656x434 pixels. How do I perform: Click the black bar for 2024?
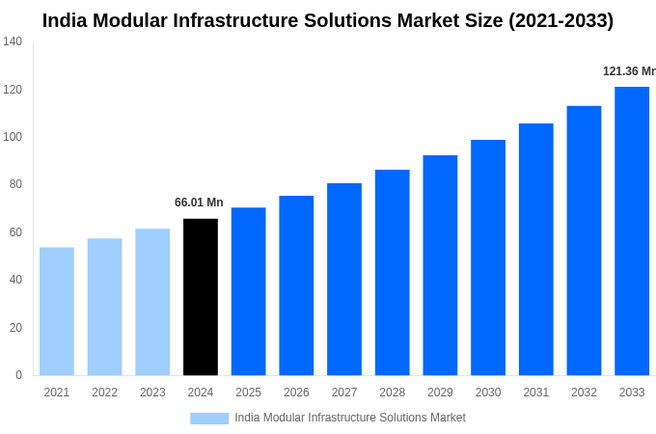[x=201, y=297]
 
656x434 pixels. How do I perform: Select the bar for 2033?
[x=632, y=231]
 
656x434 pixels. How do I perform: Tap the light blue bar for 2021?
[x=57, y=312]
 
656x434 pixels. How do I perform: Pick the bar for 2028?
[x=393, y=273]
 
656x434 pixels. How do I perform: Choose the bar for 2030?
[x=488, y=258]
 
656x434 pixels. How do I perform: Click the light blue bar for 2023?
[x=152, y=302]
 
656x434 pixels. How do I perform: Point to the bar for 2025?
[x=248, y=291]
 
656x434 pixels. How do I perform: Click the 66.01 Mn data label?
[x=199, y=203]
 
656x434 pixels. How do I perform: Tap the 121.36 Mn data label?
[x=629, y=71]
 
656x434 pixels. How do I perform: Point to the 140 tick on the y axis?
[x=13, y=41]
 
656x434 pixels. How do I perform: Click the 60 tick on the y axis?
[x=15, y=232]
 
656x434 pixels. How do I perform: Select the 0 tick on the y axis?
[x=18, y=375]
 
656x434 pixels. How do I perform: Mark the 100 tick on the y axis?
[x=13, y=137]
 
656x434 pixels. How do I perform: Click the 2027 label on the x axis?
[x=344, y=393]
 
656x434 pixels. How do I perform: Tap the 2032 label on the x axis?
[x=584, y=393]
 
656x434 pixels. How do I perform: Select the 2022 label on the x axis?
[x=104, y=393]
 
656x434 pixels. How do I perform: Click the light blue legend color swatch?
[x=209, y=419]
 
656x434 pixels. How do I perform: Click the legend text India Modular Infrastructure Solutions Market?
[x=350, y=418]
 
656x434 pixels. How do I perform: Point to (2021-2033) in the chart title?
[x=560, y=20]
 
